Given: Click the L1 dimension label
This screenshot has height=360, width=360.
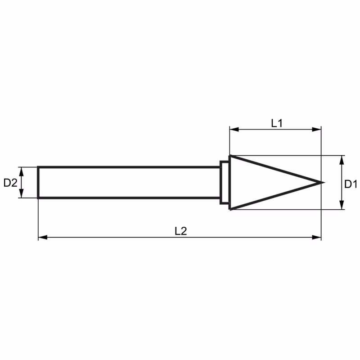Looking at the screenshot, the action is pos(277,123).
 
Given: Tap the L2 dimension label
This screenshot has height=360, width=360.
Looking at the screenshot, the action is pos(181,231).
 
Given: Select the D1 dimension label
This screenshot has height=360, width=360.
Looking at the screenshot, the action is pos(351,184).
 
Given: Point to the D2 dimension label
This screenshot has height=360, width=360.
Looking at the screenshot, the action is pos(10,183).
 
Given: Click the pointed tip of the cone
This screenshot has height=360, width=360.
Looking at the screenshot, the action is pos(324,183).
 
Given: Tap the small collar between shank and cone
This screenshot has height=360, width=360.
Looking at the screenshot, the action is pos(225,183).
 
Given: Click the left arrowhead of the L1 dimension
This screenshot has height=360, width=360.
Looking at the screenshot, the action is pos(234,130).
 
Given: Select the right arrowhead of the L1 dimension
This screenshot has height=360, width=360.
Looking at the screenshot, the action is pos(317,130).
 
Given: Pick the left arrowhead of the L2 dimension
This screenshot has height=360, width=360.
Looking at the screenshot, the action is pos(43,237).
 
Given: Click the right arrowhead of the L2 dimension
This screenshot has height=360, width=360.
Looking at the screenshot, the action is pos(317,237).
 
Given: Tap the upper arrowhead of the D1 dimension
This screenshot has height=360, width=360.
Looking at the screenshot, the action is pos(342,160).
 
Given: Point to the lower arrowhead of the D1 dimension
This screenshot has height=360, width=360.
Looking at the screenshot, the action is pos(342,205).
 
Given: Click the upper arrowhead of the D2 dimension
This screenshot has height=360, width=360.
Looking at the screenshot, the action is pos(21,172).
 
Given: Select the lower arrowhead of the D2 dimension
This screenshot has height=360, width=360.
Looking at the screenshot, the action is pos(21,193).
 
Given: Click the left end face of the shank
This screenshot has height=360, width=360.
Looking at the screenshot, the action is pos(38,183).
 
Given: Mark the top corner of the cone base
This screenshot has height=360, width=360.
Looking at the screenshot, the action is pos(230,156).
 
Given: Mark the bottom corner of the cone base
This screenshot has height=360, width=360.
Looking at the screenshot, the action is pos(230,209).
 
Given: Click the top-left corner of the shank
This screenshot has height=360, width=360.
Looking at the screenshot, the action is pos(38,167).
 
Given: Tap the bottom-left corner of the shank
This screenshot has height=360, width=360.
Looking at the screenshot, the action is pos(38,198).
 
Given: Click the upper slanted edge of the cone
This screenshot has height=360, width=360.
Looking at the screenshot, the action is pos(277,169).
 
